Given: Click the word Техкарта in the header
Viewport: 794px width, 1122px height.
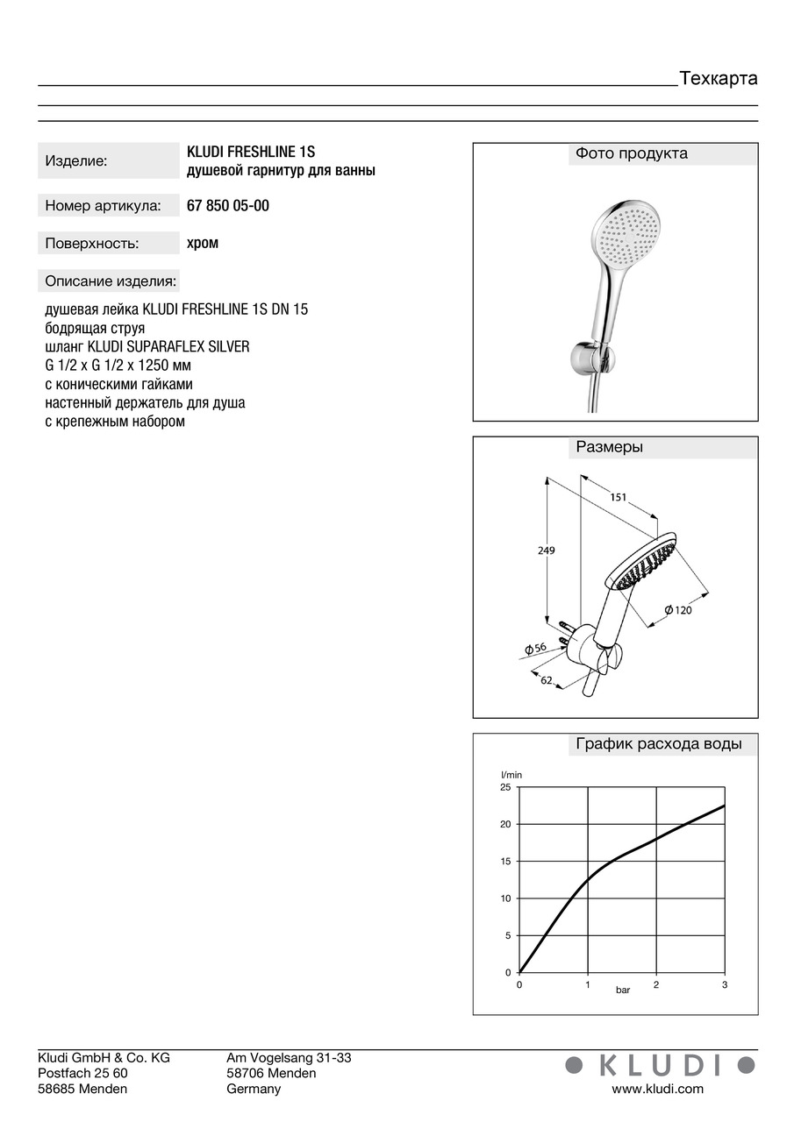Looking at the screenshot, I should [718, 79].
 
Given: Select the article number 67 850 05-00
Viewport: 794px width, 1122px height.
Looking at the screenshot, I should [228, 206].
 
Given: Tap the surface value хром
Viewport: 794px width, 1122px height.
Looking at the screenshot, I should [203, 243].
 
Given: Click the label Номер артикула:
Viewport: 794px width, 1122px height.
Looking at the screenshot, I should [103, 206].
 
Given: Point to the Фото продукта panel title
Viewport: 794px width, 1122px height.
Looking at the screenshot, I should [632, 154].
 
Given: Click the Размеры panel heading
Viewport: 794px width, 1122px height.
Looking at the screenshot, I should [609, 447].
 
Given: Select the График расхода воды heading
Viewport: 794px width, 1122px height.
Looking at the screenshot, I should [659, 745].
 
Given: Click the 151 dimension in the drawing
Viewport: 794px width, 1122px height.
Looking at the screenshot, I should [619, 497].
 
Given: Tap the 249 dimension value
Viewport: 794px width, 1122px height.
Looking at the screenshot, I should [547, 550].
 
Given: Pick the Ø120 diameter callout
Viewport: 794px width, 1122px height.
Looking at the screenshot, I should [677, 610].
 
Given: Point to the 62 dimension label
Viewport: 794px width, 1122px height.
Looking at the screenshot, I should [547, 680].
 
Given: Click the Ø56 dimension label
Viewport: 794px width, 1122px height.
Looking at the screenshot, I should [535, 647].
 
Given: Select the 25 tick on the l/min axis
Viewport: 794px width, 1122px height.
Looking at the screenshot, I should [504, 787].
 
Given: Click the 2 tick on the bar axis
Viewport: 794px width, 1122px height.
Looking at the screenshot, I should [656, 985].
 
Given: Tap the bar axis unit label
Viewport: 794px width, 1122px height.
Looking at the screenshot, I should [622, 990].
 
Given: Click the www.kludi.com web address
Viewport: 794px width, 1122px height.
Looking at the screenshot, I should [657, 1089].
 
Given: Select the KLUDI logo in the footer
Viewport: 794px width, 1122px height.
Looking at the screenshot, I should [659, 1065].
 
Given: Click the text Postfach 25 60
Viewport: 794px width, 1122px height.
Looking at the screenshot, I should [82, 1073].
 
